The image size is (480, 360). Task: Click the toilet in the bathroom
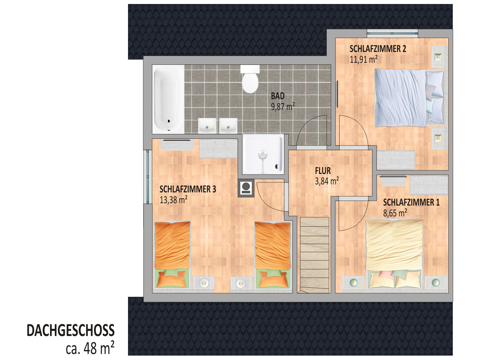(250, 79)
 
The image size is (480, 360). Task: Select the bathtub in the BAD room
(168, 99)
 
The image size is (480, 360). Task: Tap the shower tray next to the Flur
(263, 154)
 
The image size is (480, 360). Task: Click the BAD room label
(278, 96)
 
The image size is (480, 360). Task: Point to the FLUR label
(323, 171)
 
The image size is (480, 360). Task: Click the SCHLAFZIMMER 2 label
(378, 49)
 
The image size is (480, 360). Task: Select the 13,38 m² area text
(174, 200)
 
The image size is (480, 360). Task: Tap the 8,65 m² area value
(395, 213)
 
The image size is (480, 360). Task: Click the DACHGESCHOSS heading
(71, 330)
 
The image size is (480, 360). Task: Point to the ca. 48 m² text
(90, 348)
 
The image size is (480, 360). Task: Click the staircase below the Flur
(315, 255)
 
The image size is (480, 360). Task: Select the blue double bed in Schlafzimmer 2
(409, 98)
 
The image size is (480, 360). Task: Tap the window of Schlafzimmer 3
(148, 177)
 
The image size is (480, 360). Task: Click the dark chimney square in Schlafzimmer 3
(246, 188)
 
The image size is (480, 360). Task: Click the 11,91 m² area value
(364, 60)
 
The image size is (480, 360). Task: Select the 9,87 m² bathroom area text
(283, 107)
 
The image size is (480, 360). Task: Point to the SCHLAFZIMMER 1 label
(411, 203)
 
